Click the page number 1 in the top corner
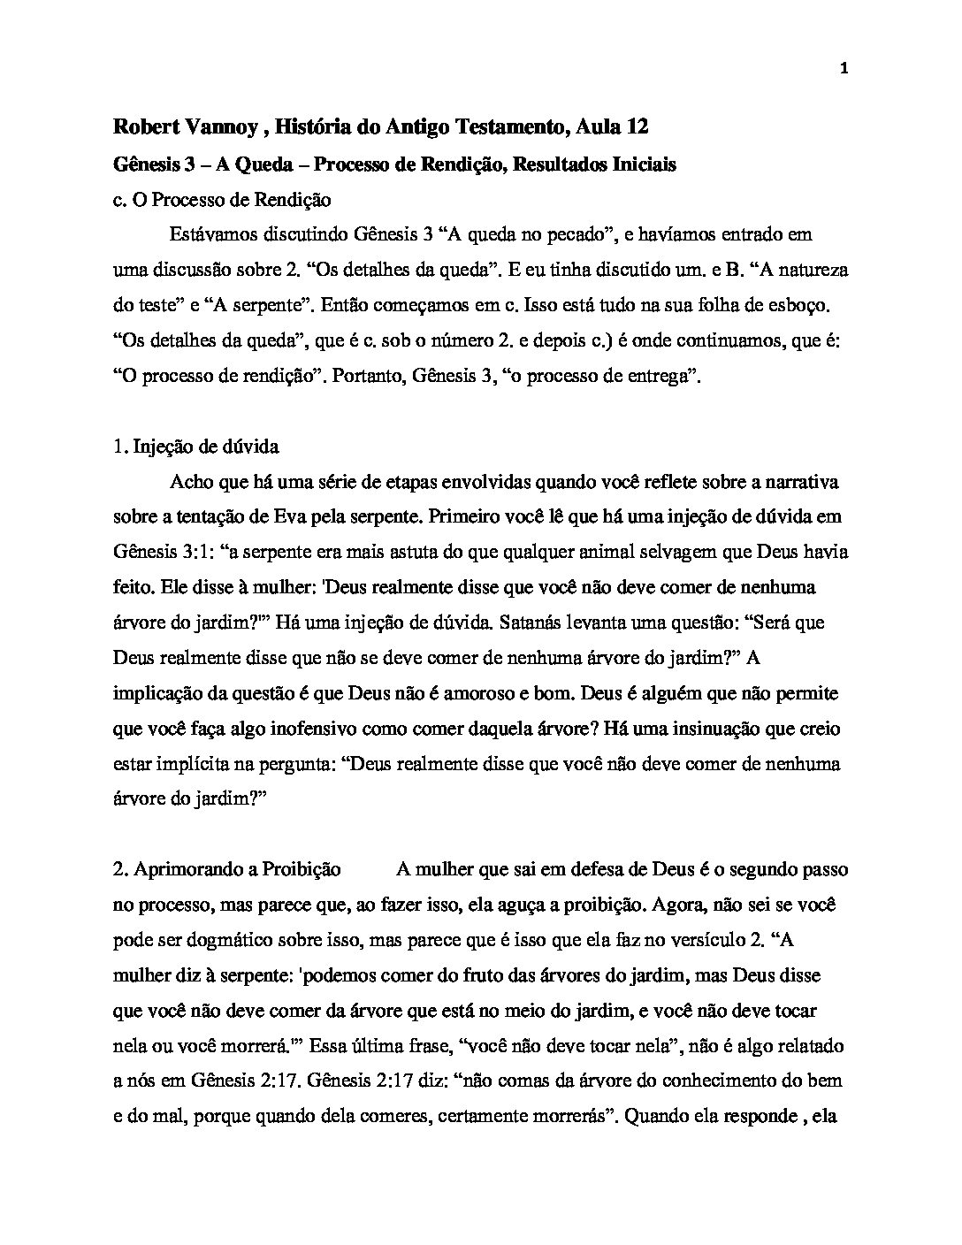(x=844, y=69)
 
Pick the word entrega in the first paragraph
(x=653, y=376)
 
